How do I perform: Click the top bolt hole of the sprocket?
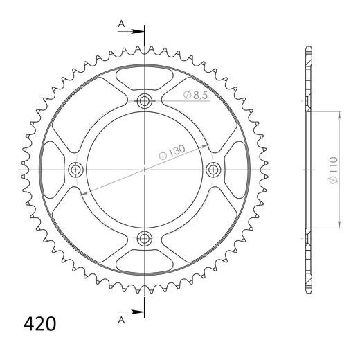click(145, 101)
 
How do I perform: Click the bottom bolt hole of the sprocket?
click(145, 238)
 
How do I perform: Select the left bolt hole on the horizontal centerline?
click(75, 170)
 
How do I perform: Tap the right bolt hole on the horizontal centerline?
click(213, 170)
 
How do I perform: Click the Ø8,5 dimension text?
click(196, 95)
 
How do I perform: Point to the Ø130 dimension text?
click(172, 152)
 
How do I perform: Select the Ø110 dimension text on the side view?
click(334, 170)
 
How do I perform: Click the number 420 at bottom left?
click(39, 324)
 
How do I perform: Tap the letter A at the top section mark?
click(121, 24)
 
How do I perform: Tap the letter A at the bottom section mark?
click(121, 320)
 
